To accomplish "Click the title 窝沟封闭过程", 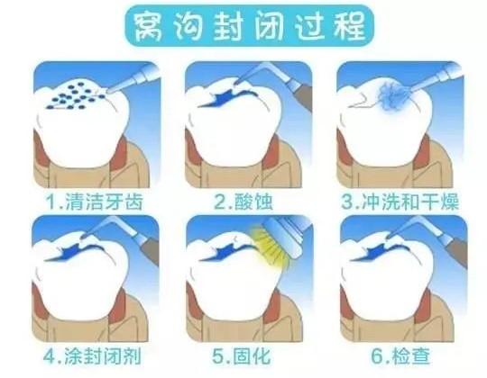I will [x=243, y=27].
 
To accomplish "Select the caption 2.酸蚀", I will [x=243, y=201].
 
